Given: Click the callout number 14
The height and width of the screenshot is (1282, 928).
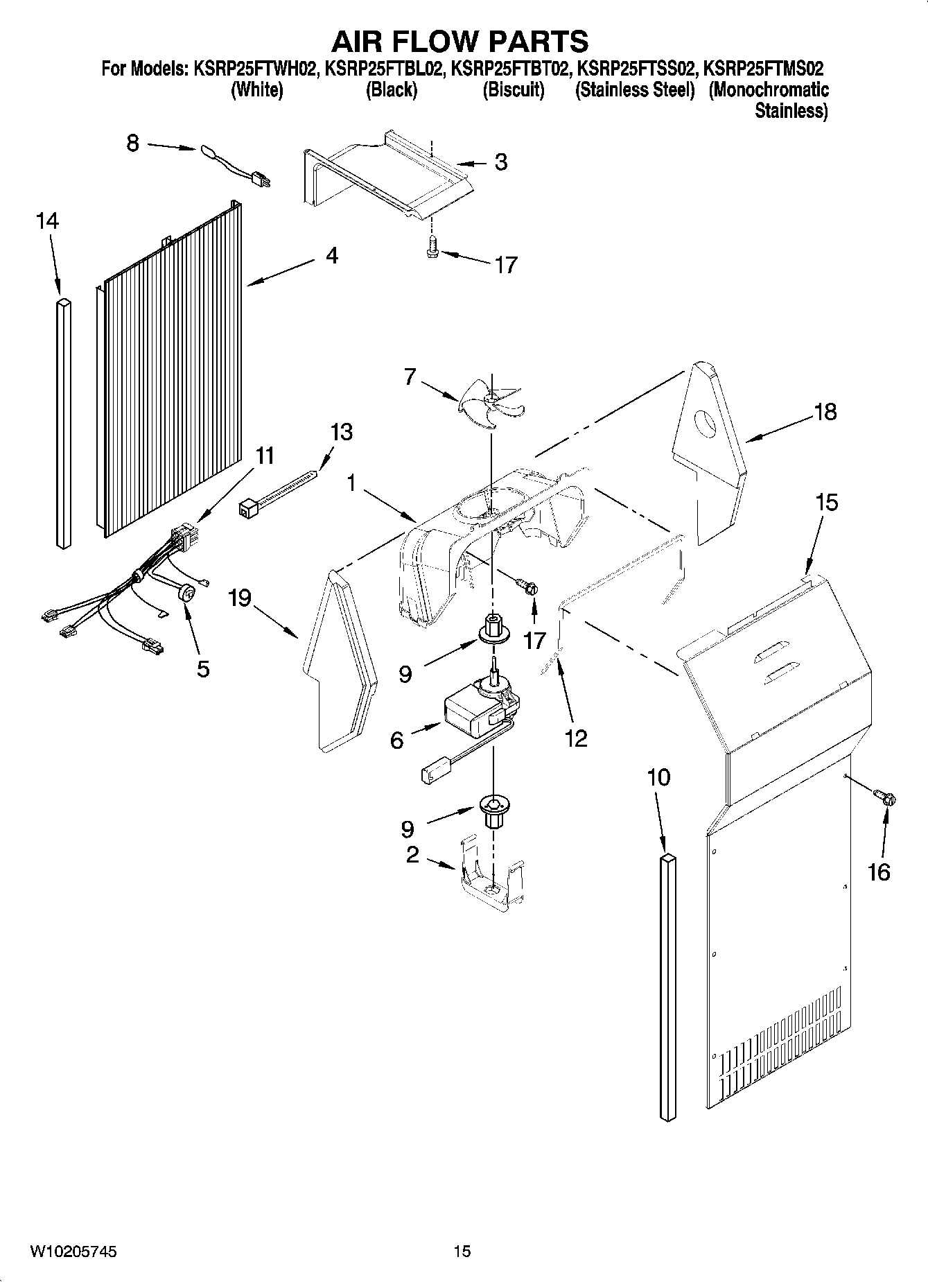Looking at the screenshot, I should (x=47, y=222).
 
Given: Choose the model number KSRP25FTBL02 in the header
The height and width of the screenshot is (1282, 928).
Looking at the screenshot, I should (x=383, y=69).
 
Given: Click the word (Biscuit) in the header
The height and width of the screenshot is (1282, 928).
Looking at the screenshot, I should (x=513, y=90).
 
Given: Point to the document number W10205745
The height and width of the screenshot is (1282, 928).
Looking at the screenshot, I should (x=73, y=1251).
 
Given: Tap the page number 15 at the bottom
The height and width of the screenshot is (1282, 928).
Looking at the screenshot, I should (x=462, y=1251).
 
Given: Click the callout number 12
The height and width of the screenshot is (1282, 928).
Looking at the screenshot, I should (x=576, y=738).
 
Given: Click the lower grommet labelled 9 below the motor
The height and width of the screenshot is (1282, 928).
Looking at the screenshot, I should (x=493, y=811).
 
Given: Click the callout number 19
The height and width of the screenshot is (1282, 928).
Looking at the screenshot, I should (x=240, y=598).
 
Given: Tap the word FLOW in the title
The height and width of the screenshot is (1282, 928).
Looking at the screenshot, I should (x=460, y=42).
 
